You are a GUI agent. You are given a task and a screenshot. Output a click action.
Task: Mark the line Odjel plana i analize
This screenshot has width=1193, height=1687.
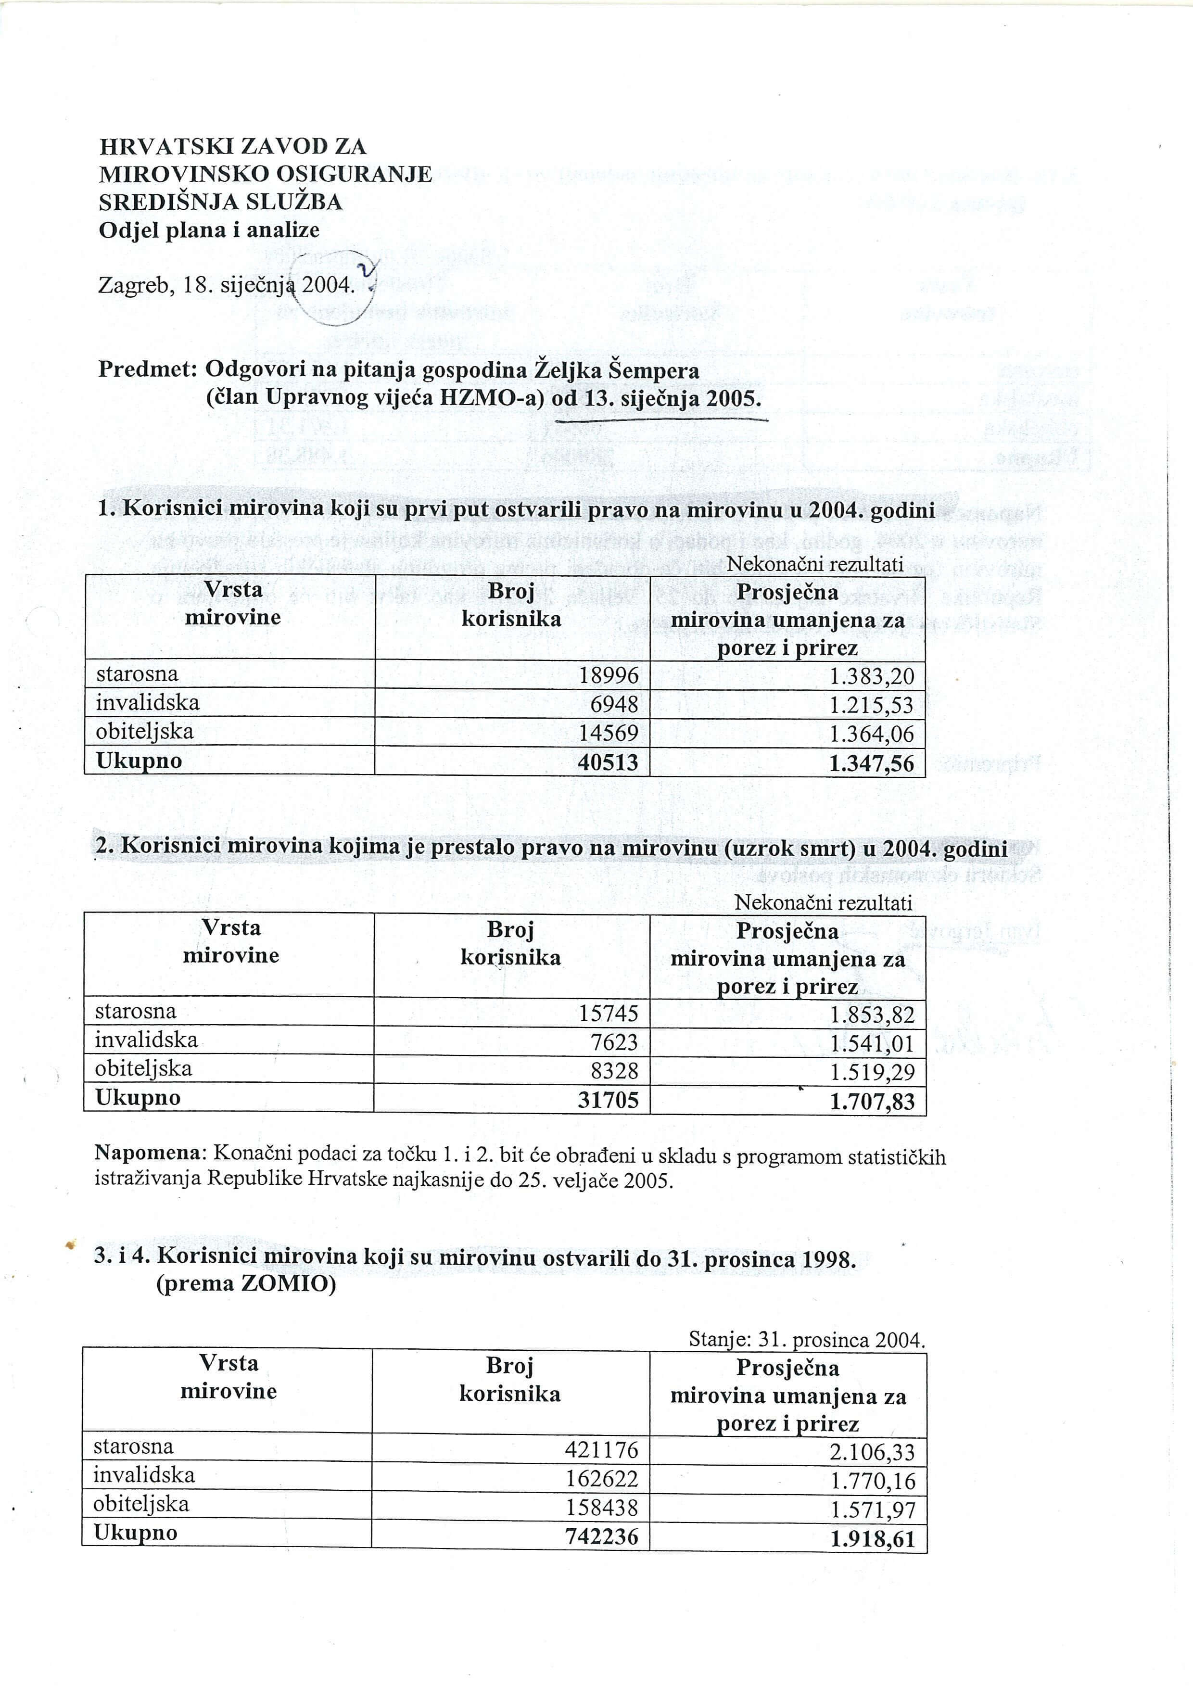(x=209, y=230)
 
